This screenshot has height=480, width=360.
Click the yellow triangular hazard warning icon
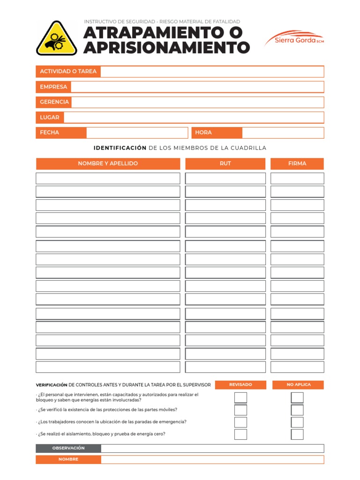[57, 38]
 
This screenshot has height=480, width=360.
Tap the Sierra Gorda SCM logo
[294, 38]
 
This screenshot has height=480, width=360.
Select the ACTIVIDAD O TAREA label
[68, 71]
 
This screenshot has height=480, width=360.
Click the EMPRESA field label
[53, 87]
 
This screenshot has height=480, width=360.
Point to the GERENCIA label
[54, 102]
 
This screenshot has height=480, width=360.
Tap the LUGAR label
[50, 117]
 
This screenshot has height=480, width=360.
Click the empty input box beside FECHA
[137, 133]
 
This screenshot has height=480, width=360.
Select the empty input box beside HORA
[283, 133]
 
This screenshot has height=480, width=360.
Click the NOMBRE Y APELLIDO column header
[108, 164]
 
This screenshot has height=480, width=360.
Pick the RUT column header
[225, 164]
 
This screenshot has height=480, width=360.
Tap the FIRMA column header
[297, 164]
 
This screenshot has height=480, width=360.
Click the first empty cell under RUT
[225, 178]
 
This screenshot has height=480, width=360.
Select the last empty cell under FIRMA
[297, 367]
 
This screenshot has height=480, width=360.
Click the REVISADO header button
[240, 385]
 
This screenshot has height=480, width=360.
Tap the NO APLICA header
[298, 385]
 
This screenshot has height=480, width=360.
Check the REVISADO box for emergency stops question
[240, 422]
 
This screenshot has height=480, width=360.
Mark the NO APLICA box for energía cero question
[297, 434]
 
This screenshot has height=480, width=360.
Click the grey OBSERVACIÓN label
[68, 449]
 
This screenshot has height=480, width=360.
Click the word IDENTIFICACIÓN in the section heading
[120, 148]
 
